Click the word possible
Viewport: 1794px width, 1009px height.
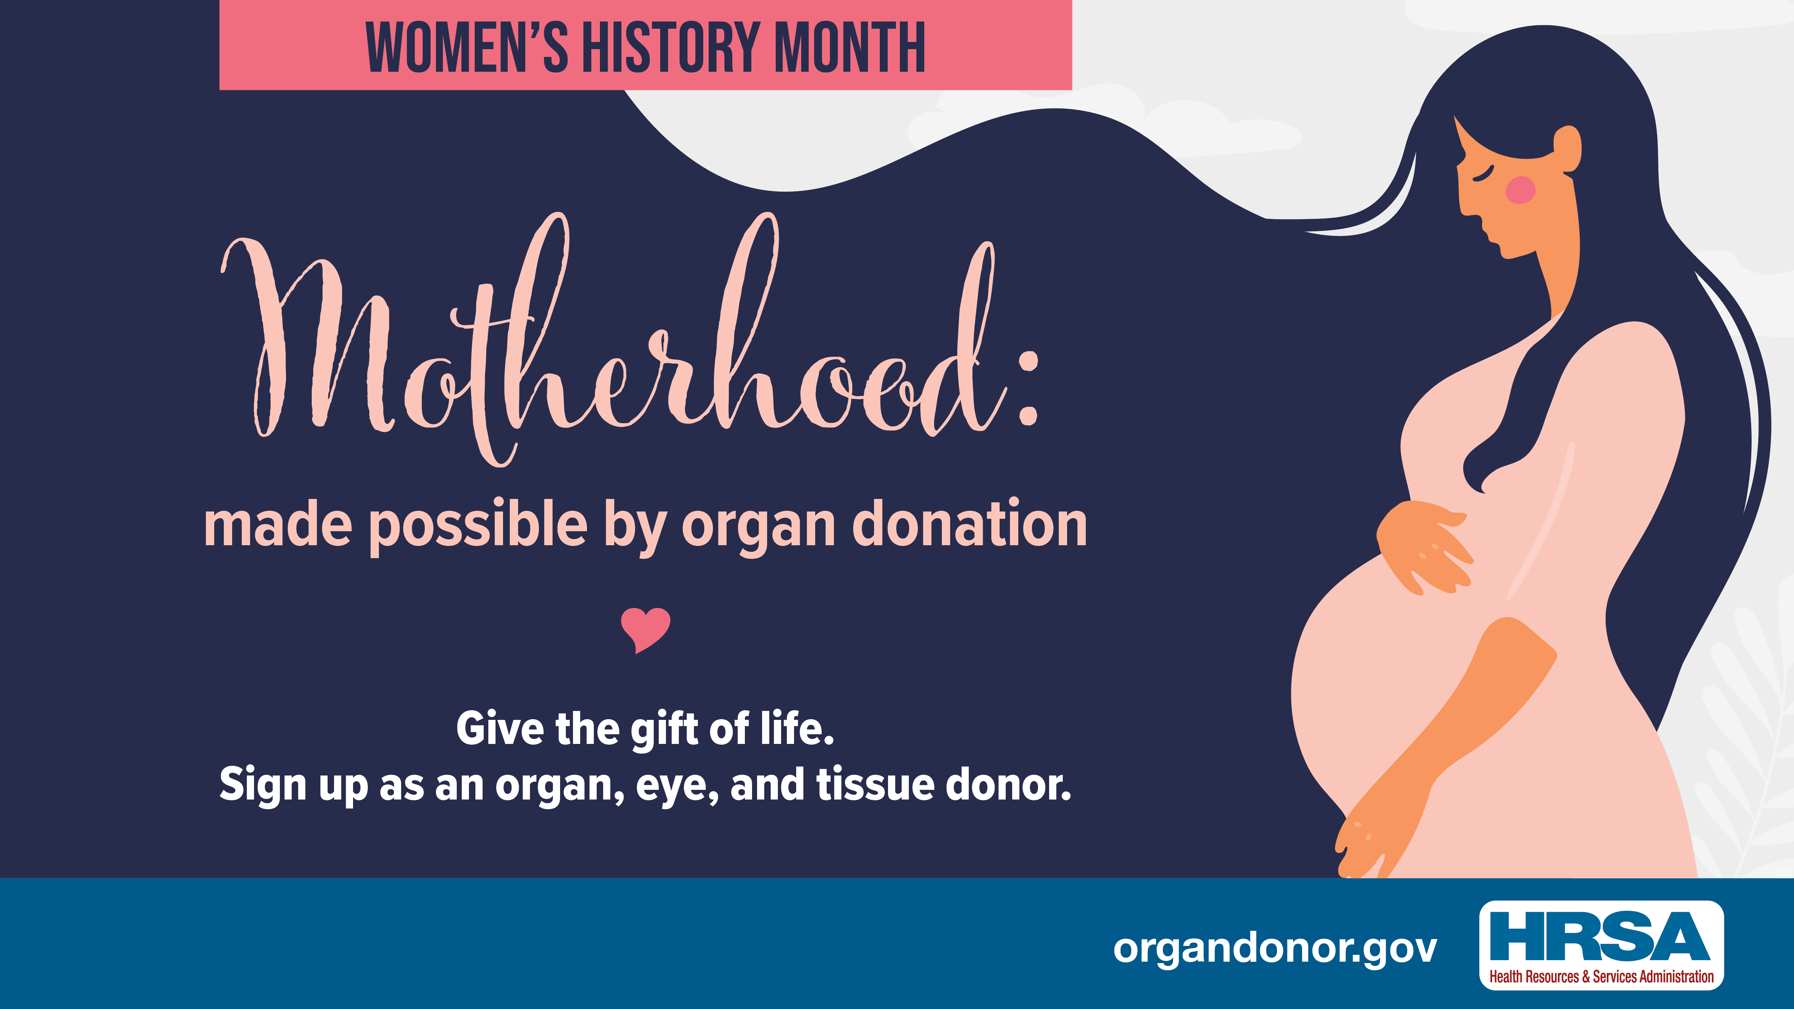478,527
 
